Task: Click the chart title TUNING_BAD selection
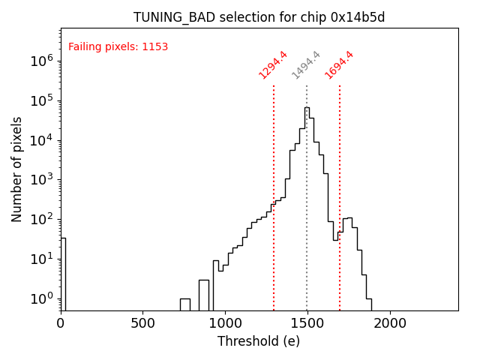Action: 259,17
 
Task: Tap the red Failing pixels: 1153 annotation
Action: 118,47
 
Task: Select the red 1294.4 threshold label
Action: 273,65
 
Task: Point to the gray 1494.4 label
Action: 306,65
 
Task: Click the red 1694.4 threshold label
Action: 339,65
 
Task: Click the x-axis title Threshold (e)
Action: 259,341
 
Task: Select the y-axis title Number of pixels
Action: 17,169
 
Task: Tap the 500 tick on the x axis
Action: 142,323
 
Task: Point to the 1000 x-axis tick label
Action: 225,323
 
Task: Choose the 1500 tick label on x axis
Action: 307,323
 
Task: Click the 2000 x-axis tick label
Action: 390,323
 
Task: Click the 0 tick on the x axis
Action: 61,323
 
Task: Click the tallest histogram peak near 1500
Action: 306,109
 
